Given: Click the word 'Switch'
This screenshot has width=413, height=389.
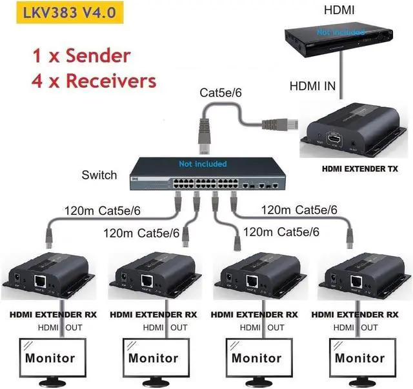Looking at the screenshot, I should coord(99,175).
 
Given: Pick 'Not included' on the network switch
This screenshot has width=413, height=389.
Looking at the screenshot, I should coord(204,165).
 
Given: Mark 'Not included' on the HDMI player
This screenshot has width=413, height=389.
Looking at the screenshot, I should coord(341,32).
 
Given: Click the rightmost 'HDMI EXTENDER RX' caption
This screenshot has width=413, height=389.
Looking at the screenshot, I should coord(354,314).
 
